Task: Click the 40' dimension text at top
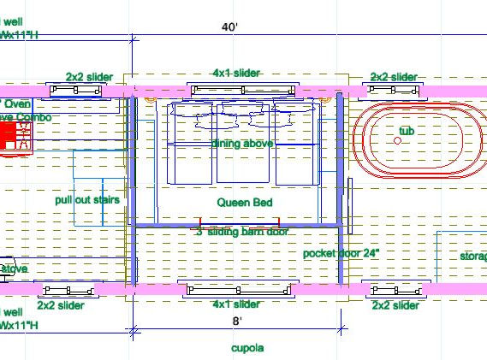coord(229,27)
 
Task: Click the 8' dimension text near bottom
coord(236,321)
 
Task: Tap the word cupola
coord(247,348)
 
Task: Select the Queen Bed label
coord(245,203)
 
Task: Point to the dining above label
coord(243,144)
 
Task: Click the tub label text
coord(406,131)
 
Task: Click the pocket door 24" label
coord(341,254)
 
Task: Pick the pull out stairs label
coord(86,199)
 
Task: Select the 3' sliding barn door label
coord(242,232)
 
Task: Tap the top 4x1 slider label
coord(235,74)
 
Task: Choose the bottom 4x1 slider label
coord(235,304)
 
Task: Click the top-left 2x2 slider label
coord(90,77)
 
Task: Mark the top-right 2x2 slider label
coord(394,77)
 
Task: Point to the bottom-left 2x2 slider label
coord(61,304)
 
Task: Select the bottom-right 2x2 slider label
coord(395,304)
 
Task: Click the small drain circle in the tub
coord(397,141)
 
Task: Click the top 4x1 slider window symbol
coord(244,90)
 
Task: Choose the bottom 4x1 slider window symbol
coord(235,289)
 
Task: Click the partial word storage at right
coord(473,256)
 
